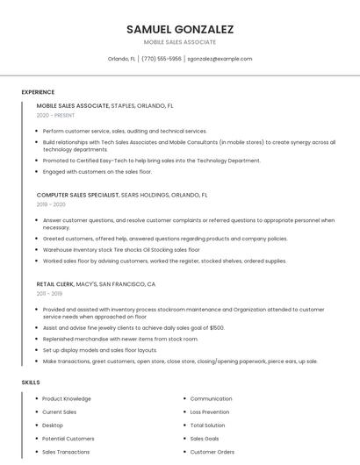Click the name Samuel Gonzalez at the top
click(x=180, y=29)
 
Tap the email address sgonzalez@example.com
click(x=220, y=59)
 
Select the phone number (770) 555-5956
click(x=162, y=59)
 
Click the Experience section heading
click(x=38, y=92)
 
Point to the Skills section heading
click(x=31, y=383)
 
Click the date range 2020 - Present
click(x=55, y=115)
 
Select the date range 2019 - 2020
click(x=51, y=204)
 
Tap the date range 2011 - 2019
click(x=51, y=294)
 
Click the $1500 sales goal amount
click(x=216, y=327)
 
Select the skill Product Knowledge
click(x=67, y=398)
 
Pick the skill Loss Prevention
click(x=210, y=411)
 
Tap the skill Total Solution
click(x=208, y=425)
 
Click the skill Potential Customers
click(x=68, y=438)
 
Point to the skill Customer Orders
click(x=212, y=451)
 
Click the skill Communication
click(x=211, y=398)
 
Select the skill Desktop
click(x=53, y=425)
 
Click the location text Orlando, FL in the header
click(x=121, y=59)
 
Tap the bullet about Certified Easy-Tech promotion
click(x=151, y=161)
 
